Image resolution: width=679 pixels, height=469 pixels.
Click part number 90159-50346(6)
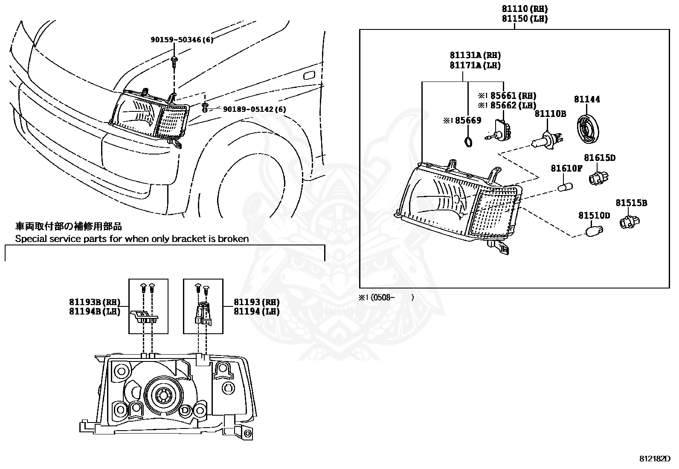point(182,40)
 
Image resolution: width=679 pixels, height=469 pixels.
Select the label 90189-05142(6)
point(255,109)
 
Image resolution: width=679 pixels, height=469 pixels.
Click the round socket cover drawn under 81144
point(589,125)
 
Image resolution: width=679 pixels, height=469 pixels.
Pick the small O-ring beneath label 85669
point(468,142)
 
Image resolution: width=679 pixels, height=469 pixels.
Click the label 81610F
point(566,169)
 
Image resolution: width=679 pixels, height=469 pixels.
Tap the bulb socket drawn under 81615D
point(599,176)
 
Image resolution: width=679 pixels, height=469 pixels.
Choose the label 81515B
point(631,203)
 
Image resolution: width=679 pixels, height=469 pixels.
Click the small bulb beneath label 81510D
point(592,232)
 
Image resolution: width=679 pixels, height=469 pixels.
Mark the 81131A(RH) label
point(475,55)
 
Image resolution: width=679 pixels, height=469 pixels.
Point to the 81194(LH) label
point(256,312)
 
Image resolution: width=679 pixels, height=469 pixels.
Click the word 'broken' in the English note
point(233,239)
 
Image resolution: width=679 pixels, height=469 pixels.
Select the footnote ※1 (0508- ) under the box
point(386,297)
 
